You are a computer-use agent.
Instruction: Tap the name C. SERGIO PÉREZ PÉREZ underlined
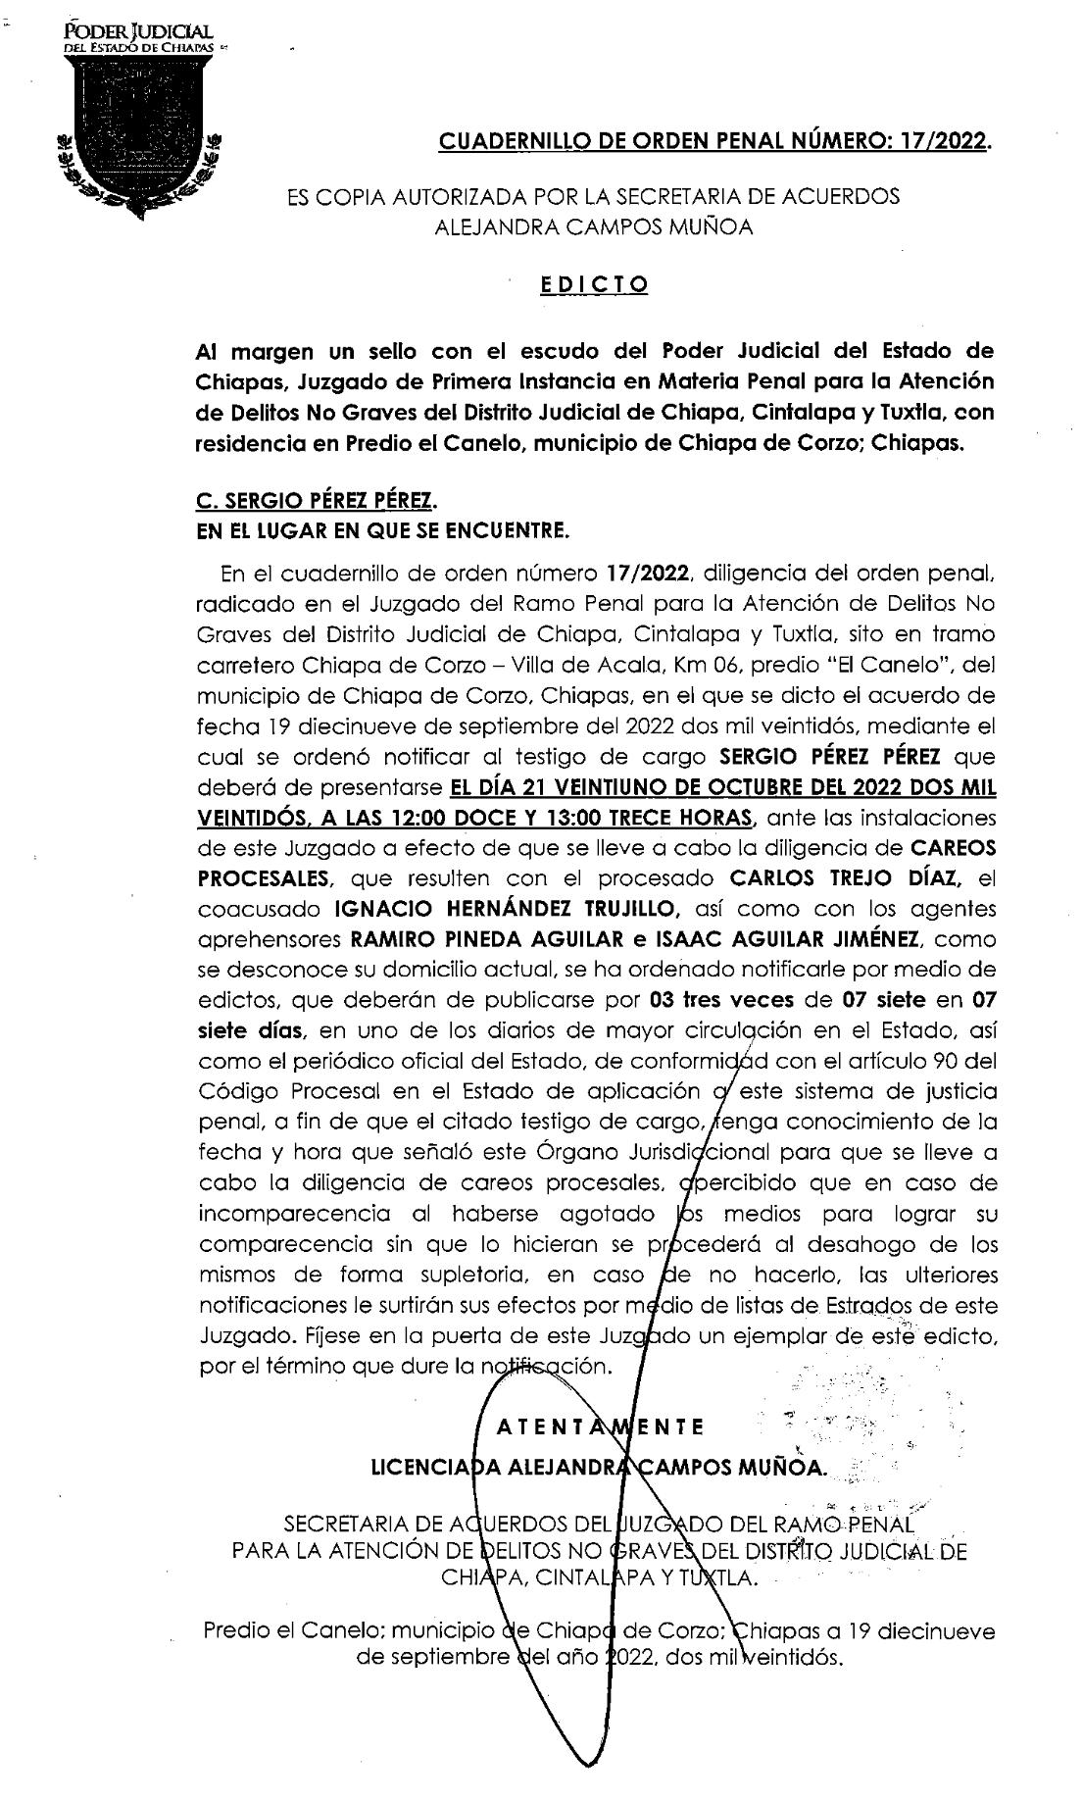[314, 501]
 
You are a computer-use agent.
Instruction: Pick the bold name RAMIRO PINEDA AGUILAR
[486, 939]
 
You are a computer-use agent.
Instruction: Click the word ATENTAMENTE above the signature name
[599, 1426]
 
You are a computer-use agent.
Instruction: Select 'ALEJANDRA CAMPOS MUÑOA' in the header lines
[594, 227]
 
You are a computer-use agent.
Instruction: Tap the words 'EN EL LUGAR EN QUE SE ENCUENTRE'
[382, 532]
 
